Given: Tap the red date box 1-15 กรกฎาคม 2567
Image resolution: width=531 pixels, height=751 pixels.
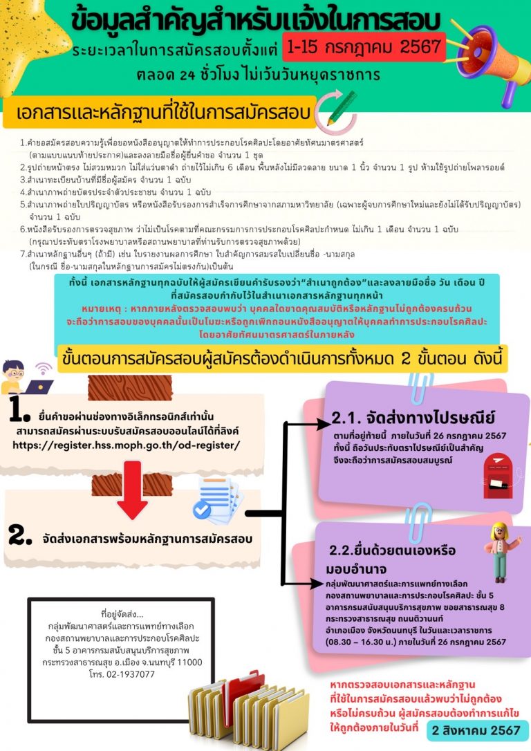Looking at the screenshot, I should [364, 47].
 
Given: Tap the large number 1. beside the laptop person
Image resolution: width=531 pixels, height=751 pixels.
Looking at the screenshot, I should [19, 409].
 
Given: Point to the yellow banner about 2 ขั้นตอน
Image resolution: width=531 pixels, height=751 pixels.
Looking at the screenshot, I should [283, 360].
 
